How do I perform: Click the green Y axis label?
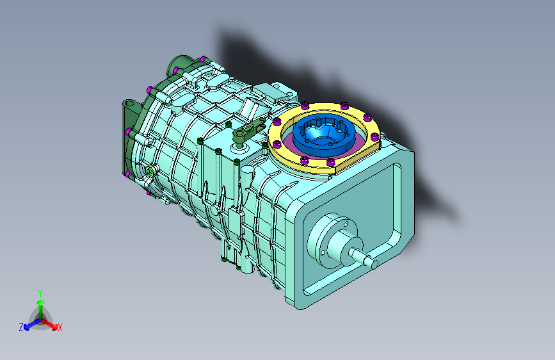coord(40,293)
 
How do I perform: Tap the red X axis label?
coord(60,327)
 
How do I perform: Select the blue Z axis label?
coord(21,327)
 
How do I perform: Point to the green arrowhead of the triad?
coord(41,302)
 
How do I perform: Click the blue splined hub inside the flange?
coord(324,135)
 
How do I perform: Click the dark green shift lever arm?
coord(248,129)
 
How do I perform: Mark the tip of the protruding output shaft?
coord(374,264)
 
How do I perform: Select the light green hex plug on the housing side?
coord(150,171)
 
